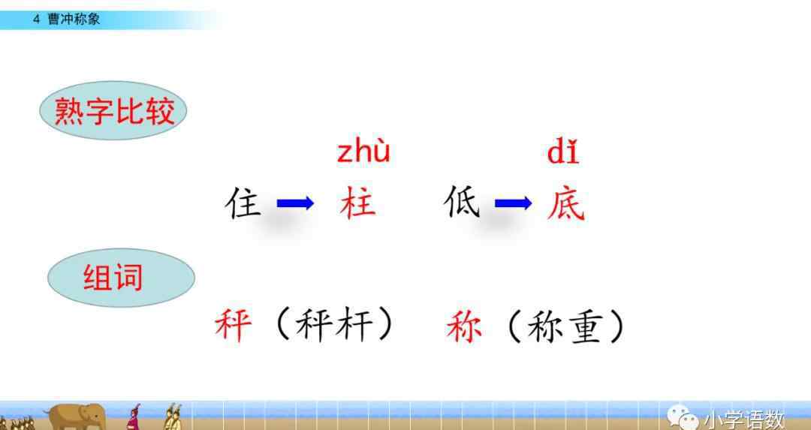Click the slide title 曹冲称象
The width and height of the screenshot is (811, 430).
(74, 20)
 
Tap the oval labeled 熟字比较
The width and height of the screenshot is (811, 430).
(113, 110)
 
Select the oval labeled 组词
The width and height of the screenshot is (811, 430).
(121, 278)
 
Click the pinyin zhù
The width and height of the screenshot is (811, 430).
(363, 151)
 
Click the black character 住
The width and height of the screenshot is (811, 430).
(243, 203)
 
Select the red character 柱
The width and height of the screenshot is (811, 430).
(357, 203)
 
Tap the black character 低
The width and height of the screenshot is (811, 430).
(461, 203)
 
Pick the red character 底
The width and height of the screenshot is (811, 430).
(566, 203)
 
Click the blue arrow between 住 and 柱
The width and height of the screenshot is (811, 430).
(295, 203)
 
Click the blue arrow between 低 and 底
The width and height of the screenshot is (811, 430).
(513, 203)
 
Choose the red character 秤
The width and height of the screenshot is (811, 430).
(234, 326)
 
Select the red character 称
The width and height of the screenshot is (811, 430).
(464, 326)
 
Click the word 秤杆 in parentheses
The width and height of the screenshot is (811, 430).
(333, 326)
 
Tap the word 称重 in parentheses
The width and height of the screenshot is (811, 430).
(564, 326)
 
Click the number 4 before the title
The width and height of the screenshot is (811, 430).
(36, 20)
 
